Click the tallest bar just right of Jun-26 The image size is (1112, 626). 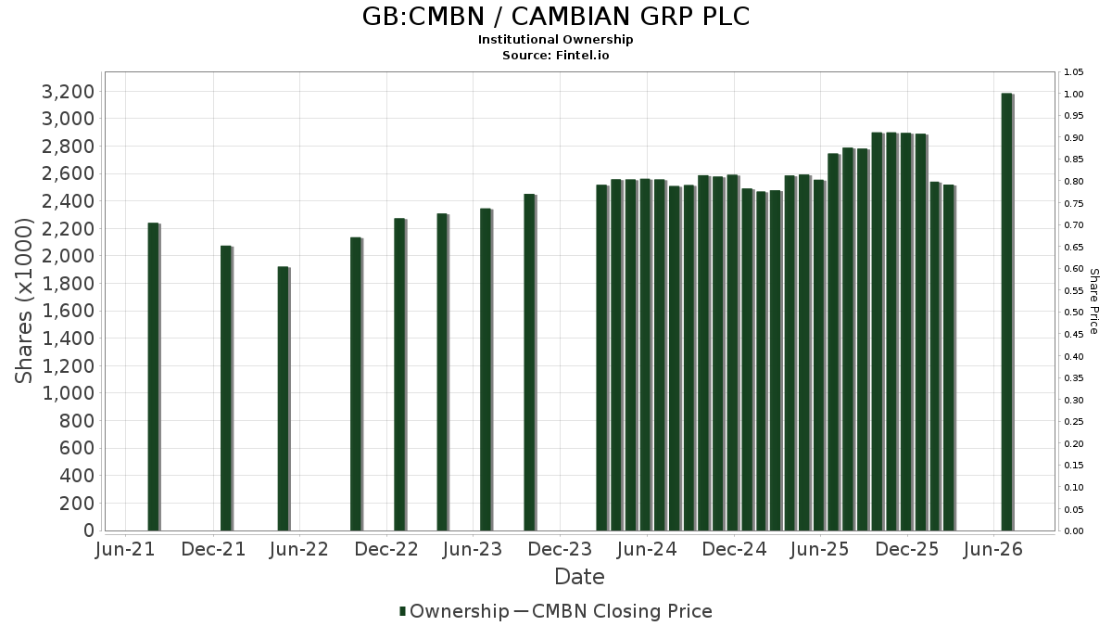(x=1007, y=312)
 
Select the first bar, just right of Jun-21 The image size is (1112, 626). (x=154, y=377)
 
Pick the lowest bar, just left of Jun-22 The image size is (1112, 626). (x=284, y=399)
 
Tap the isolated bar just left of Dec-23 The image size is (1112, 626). (x=530, y=363)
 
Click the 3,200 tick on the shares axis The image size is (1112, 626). (x=68, y=92)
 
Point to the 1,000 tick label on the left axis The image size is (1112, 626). (x=68, y=393)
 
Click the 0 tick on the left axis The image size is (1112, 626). (x=89, y=530)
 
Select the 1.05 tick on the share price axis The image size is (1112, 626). (x=1073, y=72)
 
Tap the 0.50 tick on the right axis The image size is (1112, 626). (x=1073, y=313)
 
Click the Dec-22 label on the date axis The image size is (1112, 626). (x=386, y=549)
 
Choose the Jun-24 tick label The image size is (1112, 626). (x=647, y=549)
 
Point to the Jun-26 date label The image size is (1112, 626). (x=993, y=549)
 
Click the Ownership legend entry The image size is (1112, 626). (x=454, y=611)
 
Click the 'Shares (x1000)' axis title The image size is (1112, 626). (x=23, y=301)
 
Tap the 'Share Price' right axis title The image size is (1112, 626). (x=1093, y=301)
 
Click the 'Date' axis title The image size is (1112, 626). (x=579, y=577)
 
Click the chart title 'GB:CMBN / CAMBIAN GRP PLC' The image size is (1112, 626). (x=556, y=17)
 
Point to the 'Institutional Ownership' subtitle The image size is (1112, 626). (x=555, y=40)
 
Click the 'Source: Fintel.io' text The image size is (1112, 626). (x=555, y=55)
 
